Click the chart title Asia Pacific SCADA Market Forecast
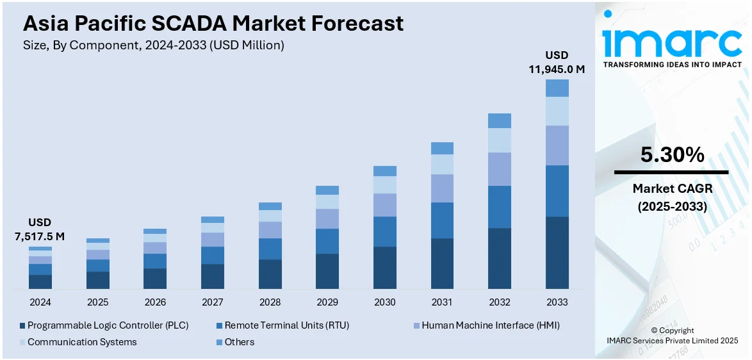point(213,24)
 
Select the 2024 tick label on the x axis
point(40,302)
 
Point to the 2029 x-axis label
point(327,302)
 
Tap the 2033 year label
point(557,302)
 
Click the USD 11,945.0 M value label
point(556,62)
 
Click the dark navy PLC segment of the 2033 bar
point(557,252)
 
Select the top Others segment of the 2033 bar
point(557,88)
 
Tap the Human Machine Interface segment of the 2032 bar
point(500,169)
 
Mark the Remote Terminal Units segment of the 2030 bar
point(385,231)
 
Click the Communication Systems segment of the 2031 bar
point(442,165)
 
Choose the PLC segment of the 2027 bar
point(213,276)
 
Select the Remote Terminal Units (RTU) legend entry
point(282,325)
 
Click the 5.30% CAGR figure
point(672,154)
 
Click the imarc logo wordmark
point(672,42)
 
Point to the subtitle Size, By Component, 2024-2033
point(154,45)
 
